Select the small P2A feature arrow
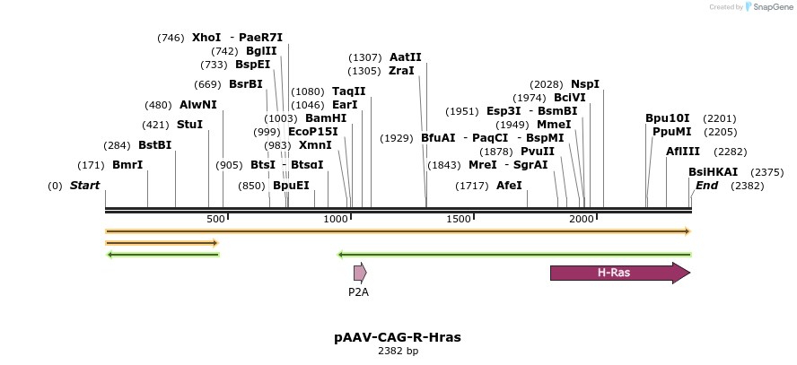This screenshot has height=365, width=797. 359,273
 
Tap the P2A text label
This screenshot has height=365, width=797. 359,291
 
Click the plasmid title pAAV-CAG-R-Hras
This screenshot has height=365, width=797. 398,337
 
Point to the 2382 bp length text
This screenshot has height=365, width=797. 398,351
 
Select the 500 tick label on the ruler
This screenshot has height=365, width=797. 215,220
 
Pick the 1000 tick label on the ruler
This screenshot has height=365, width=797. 336,220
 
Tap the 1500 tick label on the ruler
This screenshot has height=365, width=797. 459,220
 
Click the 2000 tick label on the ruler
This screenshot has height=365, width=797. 582,220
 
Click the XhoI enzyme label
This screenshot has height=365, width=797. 206,38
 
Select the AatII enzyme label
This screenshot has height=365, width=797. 405,57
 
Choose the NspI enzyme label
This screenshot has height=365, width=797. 585,84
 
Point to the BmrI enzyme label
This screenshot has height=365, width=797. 127,165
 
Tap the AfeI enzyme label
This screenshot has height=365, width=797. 509,186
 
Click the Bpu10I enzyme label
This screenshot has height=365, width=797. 668,118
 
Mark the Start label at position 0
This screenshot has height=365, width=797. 84,186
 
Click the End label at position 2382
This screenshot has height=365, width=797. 706,186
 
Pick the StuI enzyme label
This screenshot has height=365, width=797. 189,125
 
